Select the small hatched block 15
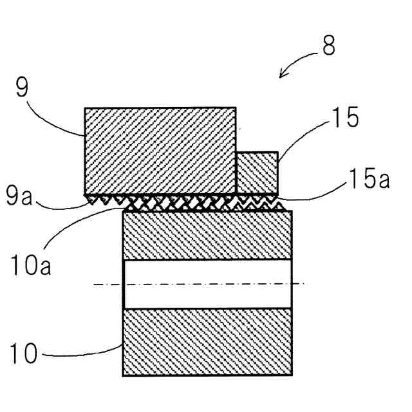[x=257, y=172]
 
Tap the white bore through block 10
[x=207, y=283]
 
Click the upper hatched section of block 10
[x=207, y=236]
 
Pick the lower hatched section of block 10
[x=207, y=341]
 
